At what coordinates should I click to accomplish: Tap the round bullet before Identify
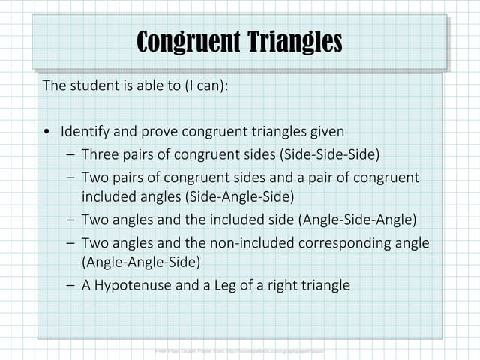coord(47,133)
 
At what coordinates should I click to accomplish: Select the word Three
coord(100,155)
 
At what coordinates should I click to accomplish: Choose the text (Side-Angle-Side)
coord(187,196)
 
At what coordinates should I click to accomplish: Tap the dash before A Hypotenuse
coord(70,286)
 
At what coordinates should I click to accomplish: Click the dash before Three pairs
coord(70,156)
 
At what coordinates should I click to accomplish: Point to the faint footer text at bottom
coord(240,350)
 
